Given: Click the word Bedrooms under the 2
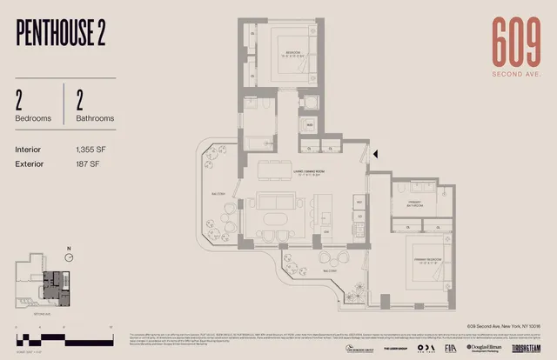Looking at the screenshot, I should tap(33, 118).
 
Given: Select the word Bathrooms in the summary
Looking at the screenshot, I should tap(96, 118).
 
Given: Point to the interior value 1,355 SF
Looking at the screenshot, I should tap(91, 149).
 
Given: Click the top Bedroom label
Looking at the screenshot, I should tap(292, 53).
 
